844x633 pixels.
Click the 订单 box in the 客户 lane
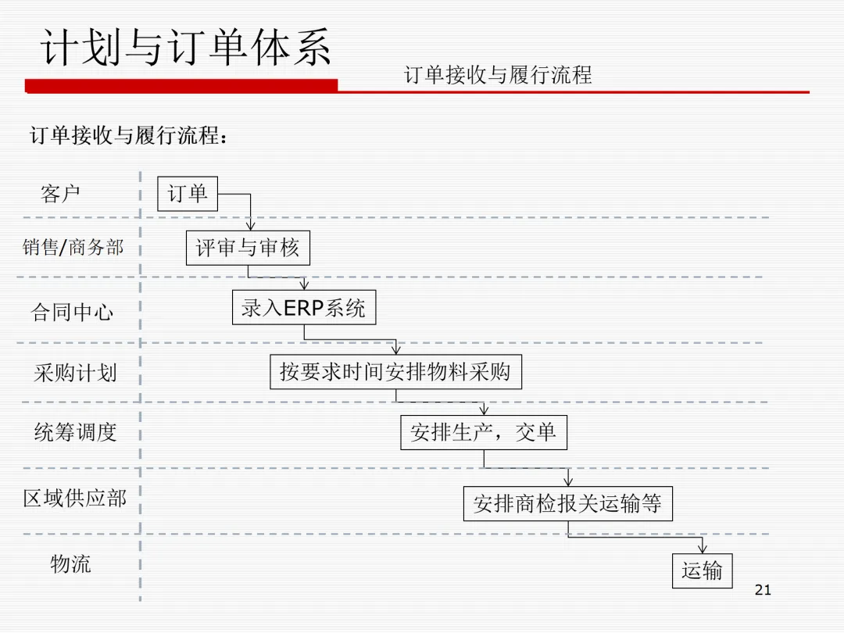[188, 193]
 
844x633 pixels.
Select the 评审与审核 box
[248, 249]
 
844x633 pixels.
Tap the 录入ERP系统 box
[304, 308]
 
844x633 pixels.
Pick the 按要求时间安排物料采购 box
[395, 371]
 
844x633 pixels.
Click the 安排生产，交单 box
[484, 432]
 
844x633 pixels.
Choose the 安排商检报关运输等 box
[567, 503]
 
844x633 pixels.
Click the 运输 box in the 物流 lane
[702, 570]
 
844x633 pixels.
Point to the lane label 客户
[60, 193]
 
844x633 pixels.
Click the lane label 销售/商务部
[73, 248]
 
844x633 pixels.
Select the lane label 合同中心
[72, 313]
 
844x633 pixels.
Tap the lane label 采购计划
[75, 372]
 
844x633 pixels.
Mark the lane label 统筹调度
[75, 431]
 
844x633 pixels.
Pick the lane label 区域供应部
[75, 498]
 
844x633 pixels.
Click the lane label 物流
[70, 563]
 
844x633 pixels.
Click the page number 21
[764, 590]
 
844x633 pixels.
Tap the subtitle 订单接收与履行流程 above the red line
[498, 75]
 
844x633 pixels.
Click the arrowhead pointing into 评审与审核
[251, 225]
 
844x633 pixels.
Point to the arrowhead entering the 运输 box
[702, 549]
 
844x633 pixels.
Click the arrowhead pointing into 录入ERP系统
[304, 286]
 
